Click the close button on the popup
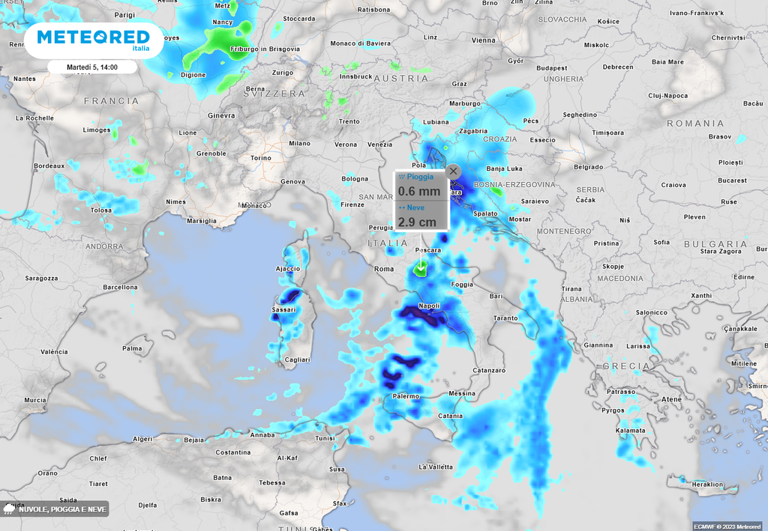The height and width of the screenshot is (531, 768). click(453, 171)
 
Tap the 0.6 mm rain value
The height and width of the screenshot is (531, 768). click(418, 191)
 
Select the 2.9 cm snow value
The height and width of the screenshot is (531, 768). click(416, 222)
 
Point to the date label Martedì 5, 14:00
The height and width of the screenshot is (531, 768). click(92, 67)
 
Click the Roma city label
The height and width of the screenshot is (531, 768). click(383, 269)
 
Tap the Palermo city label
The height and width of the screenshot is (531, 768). click(405, 395)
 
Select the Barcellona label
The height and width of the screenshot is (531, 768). click(120, 287)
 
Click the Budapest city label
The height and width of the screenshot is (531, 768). click(551, 68)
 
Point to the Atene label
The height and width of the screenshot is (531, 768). click(671, 399)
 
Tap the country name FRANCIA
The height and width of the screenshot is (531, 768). click(111, 100)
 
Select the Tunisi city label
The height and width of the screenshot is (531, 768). click(324, 438)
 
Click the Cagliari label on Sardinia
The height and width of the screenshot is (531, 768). click(298, 359)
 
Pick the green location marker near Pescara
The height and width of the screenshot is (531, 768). click(421, 268)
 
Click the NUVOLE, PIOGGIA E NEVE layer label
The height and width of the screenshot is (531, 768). click(62, 509)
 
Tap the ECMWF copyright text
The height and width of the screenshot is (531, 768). click(727, 527)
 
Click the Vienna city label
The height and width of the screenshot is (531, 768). click(484, 40)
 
